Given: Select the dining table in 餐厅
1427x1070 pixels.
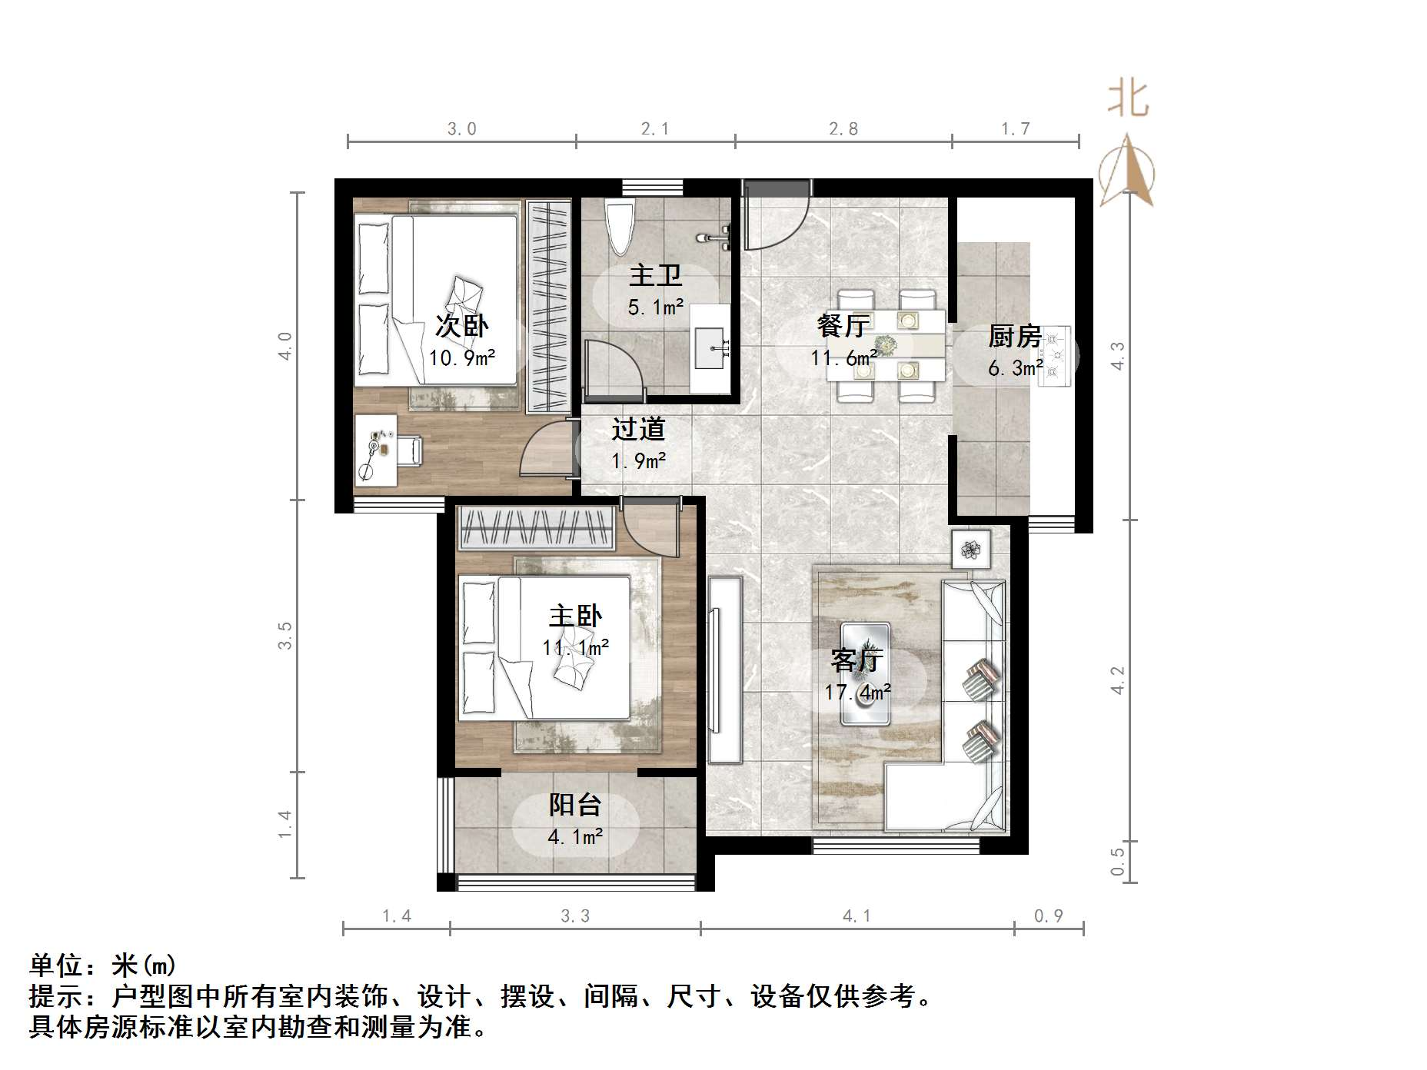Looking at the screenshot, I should click(886, 346).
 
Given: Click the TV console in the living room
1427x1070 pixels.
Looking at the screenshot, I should click(724, 669).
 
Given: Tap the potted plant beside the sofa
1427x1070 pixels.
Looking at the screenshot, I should click(970, 549).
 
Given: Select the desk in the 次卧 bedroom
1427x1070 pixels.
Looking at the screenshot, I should click(376, 450).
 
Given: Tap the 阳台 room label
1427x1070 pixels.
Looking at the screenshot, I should click(574, 805).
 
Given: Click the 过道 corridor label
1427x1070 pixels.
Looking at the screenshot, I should click(637, 429).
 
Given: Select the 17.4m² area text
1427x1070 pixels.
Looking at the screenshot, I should click(857, 693).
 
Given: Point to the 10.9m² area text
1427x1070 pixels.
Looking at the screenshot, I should click(461, 357).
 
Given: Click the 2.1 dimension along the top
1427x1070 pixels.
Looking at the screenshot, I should click(654, 129).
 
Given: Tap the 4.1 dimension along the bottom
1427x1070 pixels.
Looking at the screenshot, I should click(857, 915).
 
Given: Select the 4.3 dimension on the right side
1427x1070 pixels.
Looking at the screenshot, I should click(1117, 355).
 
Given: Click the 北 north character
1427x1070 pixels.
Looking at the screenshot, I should click(1128, 101).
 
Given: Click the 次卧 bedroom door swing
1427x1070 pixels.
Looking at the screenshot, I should click(546, 454).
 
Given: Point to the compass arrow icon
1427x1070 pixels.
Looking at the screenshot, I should click(1127, 171).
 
